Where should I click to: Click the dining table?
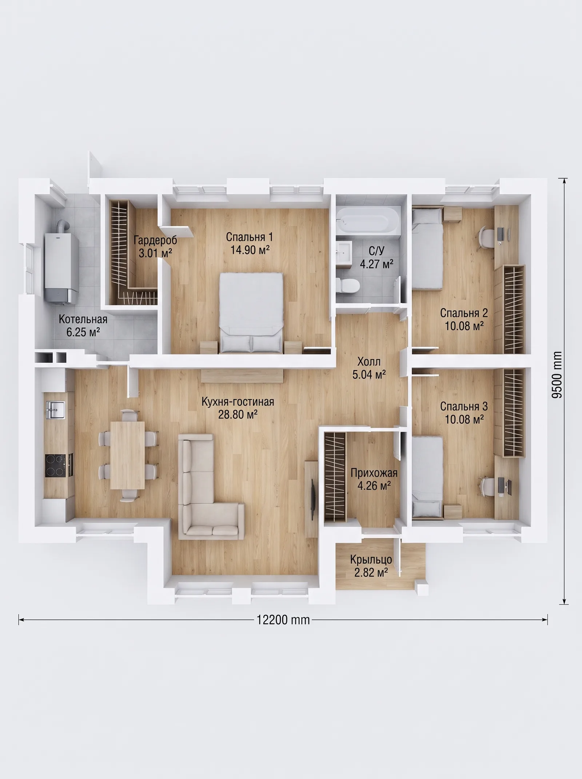127,455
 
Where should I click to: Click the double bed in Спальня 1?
251,313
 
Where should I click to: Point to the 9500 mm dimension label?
557,374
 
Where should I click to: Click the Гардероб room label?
155,240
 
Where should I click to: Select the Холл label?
369,362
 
